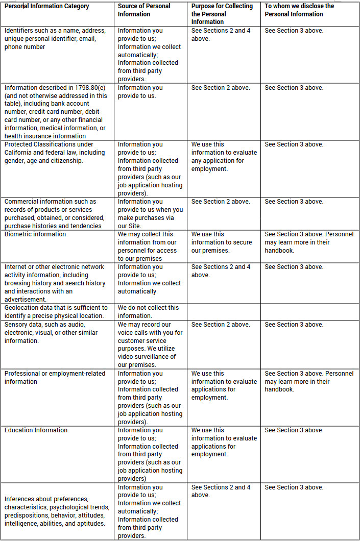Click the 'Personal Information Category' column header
click(x=47, y=6)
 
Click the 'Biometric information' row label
click(x=35, y=234)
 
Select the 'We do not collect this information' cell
click(x=148, y=311)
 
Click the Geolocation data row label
click(x=56, y=311)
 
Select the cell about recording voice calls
click(x=150, y=345)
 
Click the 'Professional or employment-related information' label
click(x=55, y=378)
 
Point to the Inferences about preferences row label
click(x=57, y=511)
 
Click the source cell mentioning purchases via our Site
click(x=150, y=214)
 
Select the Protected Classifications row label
click(x=54, y=153)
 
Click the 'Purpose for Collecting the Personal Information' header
click(x=222, y=14)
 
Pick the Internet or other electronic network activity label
click(x=55, y=283)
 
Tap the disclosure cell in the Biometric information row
click(x=309, y=242)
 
